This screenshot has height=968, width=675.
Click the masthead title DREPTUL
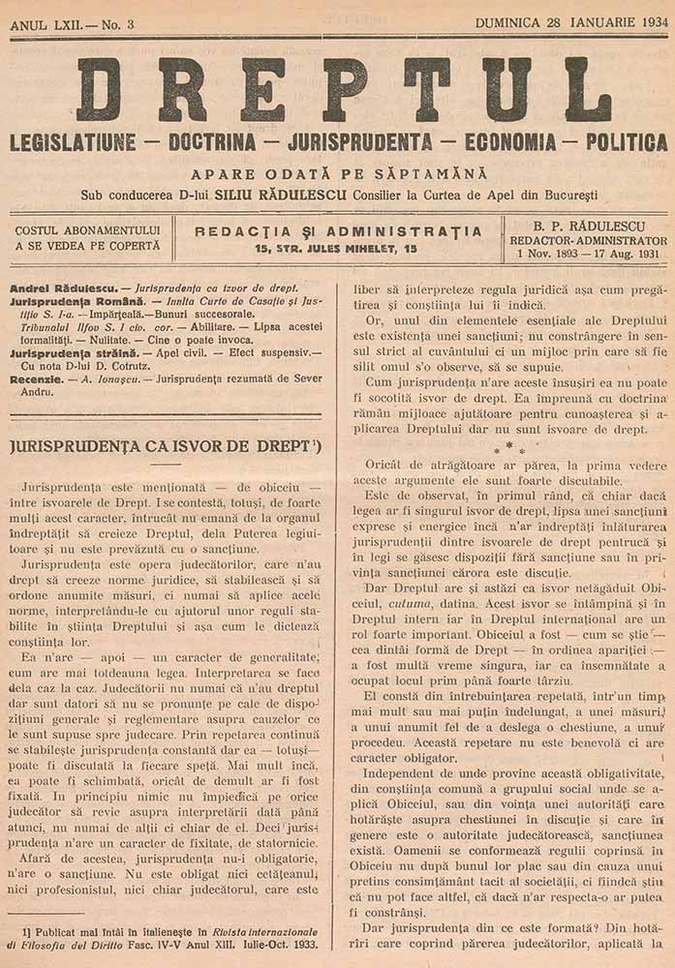tap(344, 89)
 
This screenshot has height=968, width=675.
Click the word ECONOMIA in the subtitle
tap(508, 142)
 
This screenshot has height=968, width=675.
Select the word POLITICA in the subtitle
tap(620, 142)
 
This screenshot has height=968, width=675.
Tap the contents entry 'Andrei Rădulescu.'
tap(62, 288)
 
